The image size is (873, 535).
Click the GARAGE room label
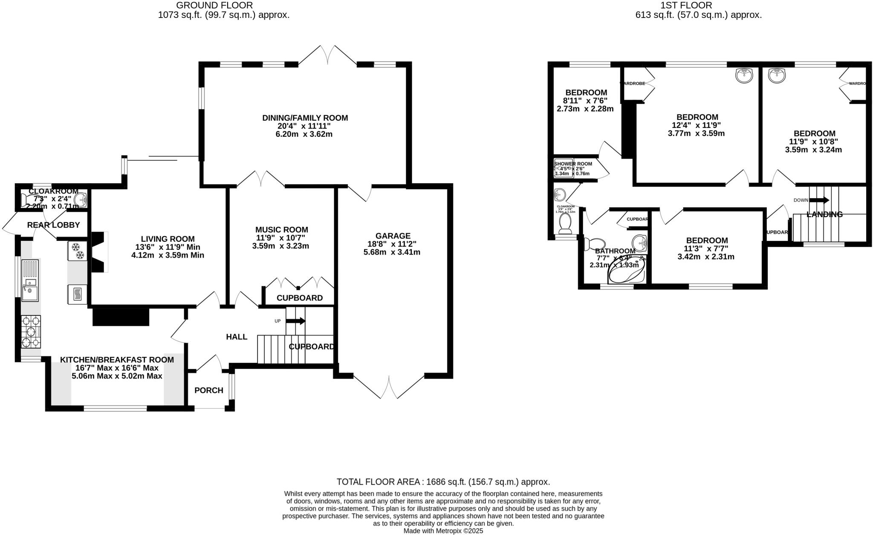click(393, 236)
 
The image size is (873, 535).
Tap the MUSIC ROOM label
click(281, 230)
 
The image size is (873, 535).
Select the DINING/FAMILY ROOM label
click(305, 118)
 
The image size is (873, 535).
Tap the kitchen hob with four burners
click(31, 332)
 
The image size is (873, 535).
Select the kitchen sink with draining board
click(30, 280)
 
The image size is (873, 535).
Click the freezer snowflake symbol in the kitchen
click(77, 251)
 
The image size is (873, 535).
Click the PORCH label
click(208, 390)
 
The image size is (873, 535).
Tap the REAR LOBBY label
click(53, 225)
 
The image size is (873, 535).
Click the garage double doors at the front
click(389, 387)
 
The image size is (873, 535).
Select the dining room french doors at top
click(327, 55)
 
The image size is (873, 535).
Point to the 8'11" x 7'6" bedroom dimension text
click(585, 101)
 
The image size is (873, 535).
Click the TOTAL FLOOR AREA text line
click(443, 482)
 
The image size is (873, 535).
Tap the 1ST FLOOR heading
click(698, 6)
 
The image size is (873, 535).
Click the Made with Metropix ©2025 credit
click(443, 531)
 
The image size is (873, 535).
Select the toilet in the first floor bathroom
click(594, 244)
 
